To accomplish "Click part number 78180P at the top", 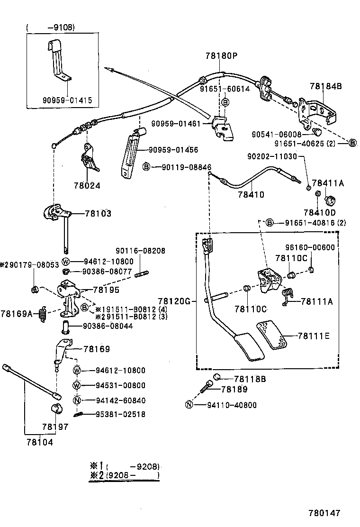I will [221, 55].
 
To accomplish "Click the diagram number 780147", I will [324, 513].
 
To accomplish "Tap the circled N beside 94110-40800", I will [189, 405].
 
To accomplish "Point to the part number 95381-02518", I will [114, 414].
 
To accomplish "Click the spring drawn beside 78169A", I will [43, 313].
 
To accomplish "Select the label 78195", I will [106, 290].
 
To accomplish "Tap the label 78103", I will [98, 214].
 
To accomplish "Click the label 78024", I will [87, 186].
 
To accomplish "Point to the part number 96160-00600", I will [310, 247].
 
